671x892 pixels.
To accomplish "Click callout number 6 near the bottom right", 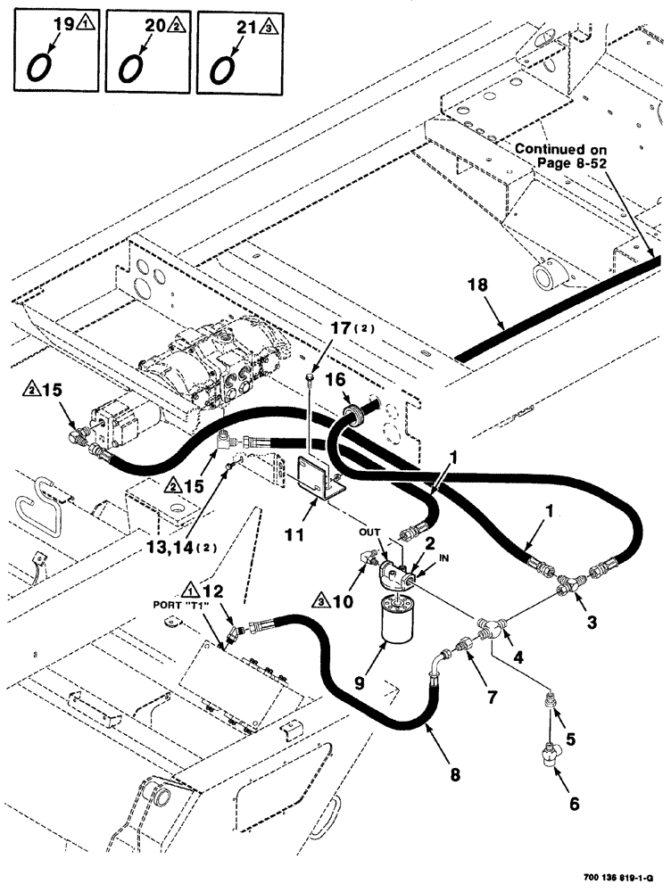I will point(574,803).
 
